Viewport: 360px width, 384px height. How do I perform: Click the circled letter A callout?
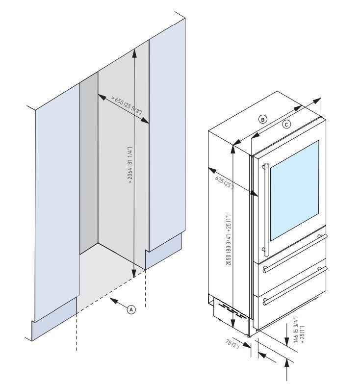pos(131,309)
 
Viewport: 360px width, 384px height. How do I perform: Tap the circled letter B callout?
pos(263,119)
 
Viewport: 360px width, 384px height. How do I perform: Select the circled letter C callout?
pos(287,125)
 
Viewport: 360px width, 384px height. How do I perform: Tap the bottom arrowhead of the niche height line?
pos(134,275)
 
